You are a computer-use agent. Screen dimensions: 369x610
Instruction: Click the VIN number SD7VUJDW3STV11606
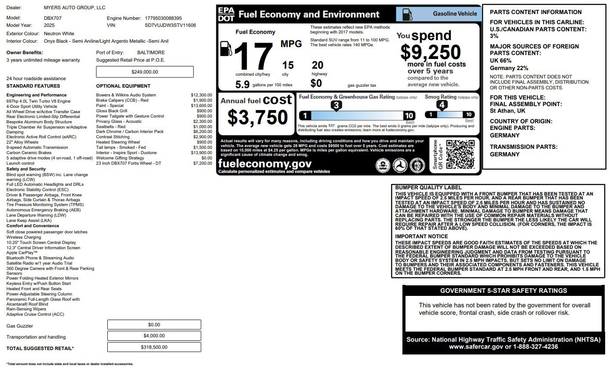170,26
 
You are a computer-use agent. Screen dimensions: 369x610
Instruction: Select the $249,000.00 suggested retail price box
145,72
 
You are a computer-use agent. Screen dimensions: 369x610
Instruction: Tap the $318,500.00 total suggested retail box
154,347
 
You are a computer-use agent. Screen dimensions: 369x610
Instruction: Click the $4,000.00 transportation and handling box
154,336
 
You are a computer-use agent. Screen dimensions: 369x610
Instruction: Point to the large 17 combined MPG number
254,56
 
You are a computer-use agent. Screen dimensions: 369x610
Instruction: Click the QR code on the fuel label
460,155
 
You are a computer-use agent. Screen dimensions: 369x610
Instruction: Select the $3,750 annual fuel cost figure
257,118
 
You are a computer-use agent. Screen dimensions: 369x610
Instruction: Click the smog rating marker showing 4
442,105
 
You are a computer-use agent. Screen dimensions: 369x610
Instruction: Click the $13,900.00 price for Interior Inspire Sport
202,153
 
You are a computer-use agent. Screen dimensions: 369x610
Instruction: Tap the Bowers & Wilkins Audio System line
126,95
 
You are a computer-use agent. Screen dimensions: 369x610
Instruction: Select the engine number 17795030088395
163,18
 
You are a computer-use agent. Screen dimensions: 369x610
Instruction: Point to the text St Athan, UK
508,111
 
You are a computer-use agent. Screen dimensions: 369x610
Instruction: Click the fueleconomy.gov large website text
265,164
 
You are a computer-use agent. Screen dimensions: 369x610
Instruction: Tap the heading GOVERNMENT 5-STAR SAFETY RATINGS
504,291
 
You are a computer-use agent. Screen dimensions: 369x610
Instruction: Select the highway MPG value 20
318,65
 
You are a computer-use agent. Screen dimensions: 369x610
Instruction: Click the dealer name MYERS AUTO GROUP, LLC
75,8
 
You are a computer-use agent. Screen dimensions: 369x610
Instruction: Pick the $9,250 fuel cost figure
431,53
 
